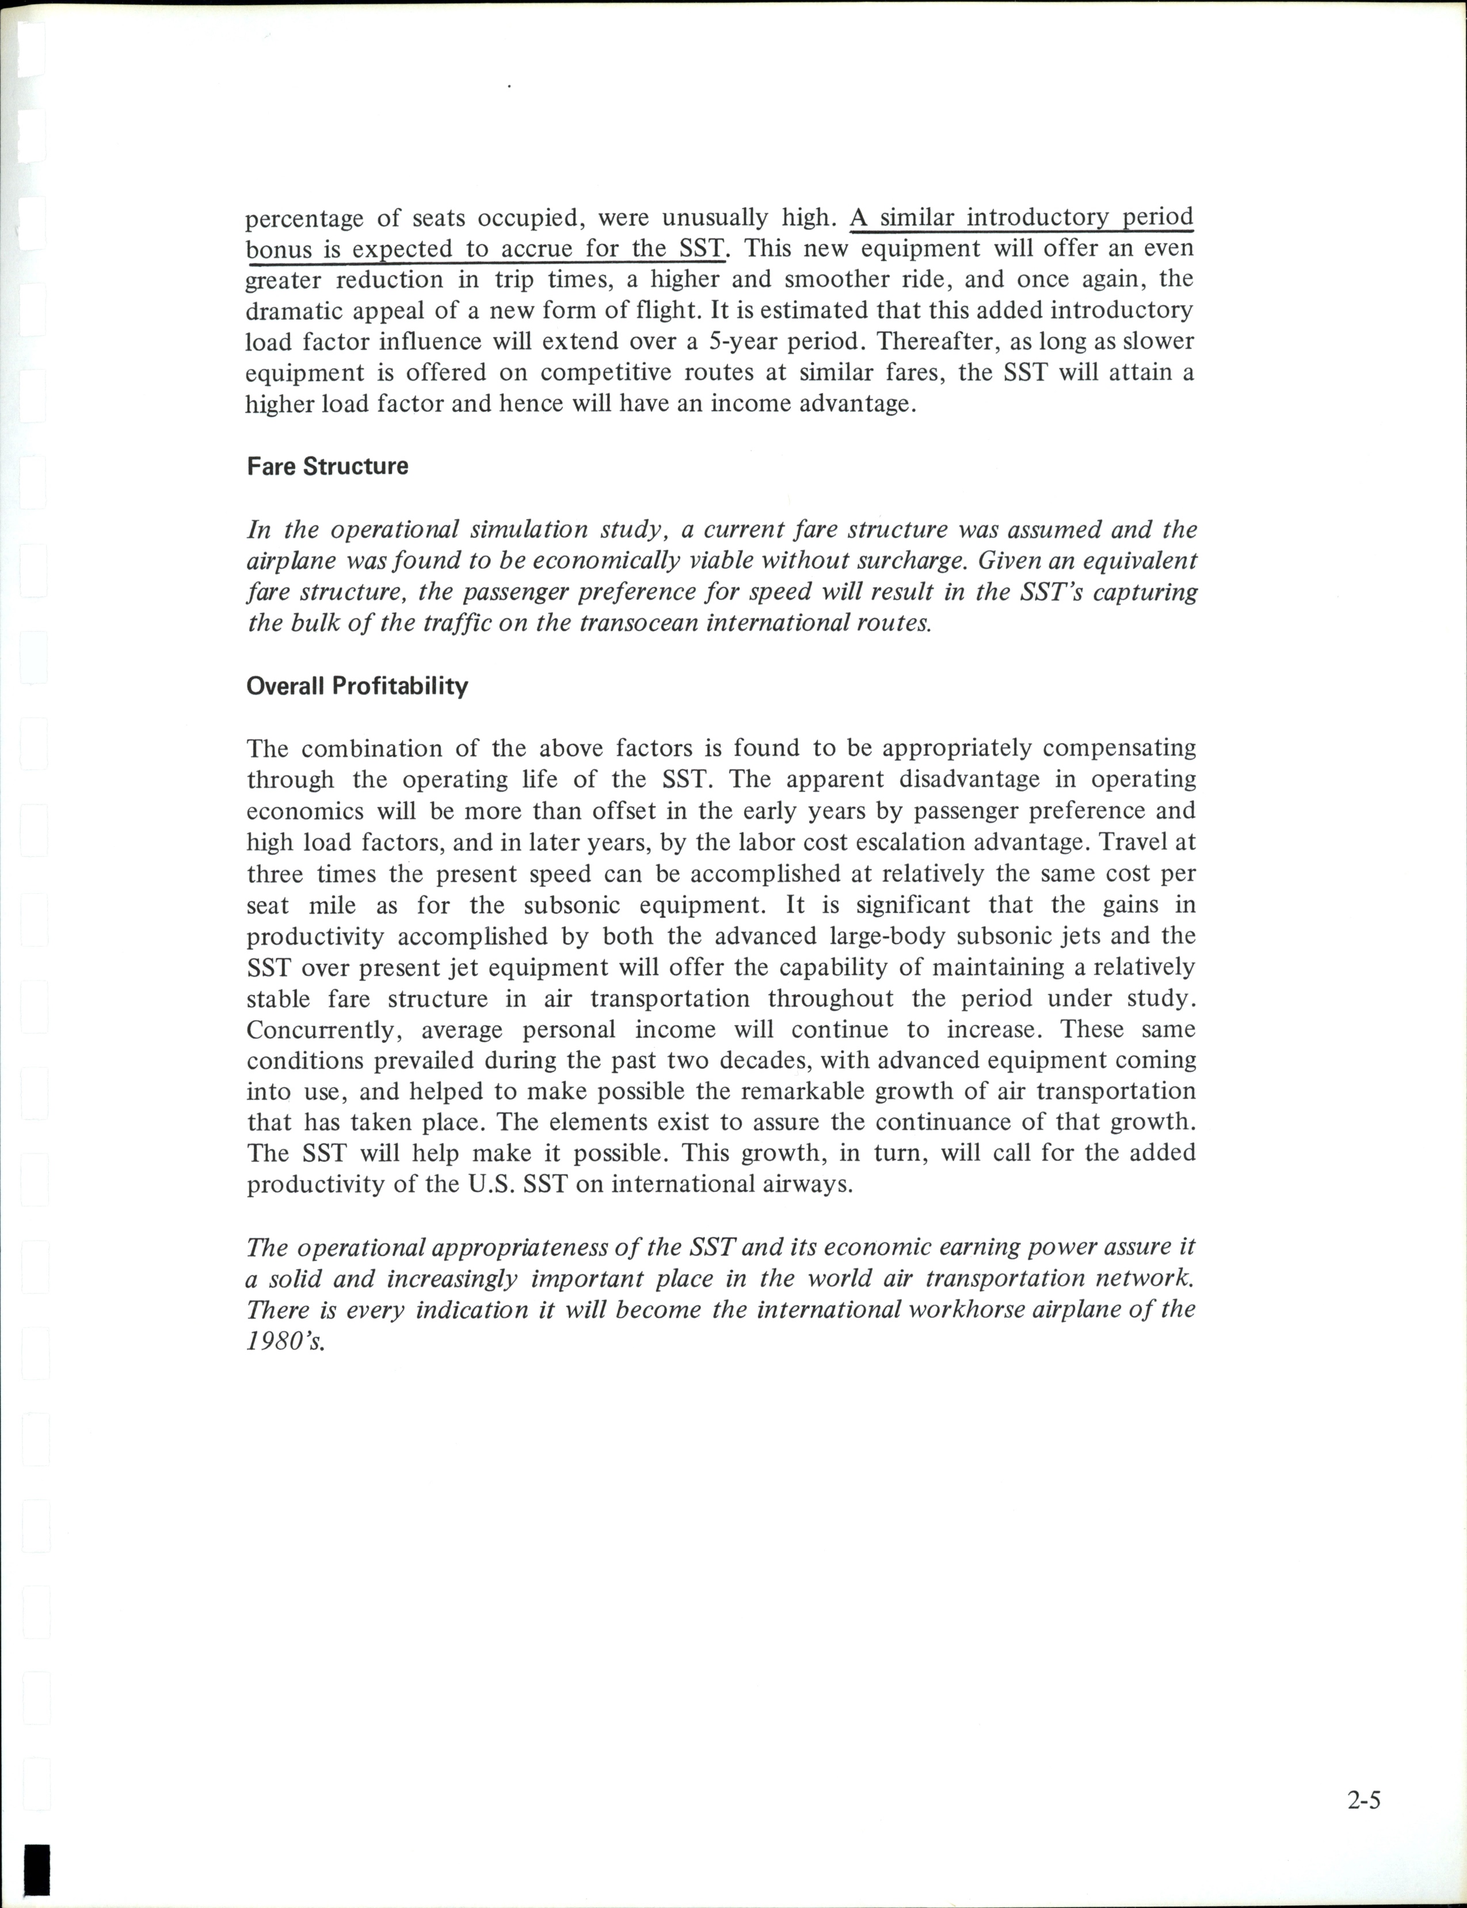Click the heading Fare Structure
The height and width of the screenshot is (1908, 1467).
327,466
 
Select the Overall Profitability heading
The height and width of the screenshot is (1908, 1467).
357,686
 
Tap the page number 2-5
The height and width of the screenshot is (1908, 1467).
1363,1800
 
